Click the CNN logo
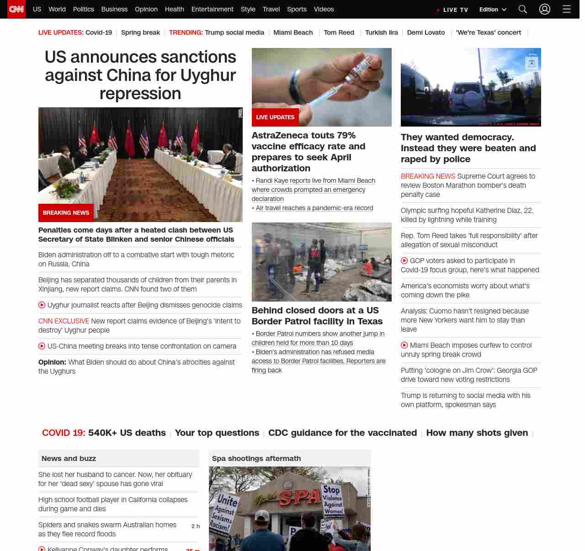pos(16,9)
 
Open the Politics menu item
pos(83,9)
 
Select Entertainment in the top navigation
pos(212,9)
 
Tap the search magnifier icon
pos(523,9)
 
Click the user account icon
pos(544,9)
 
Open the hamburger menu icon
pos(566,9)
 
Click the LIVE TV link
pos(453,10)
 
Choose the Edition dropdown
pos(493,10)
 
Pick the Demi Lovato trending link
pos(425,32)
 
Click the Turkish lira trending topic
pos(381,32)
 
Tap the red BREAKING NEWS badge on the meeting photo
pos(66,213)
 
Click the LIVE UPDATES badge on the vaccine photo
pos(275,117)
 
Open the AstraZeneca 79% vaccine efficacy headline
pos(308,152)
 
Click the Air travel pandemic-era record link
pos(314,208)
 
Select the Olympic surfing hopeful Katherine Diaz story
pos(467,215)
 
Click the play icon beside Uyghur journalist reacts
pos(42,305)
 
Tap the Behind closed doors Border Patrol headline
pos(317,316)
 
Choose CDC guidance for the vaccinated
pos(342,433)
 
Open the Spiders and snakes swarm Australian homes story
pos(107,529)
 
